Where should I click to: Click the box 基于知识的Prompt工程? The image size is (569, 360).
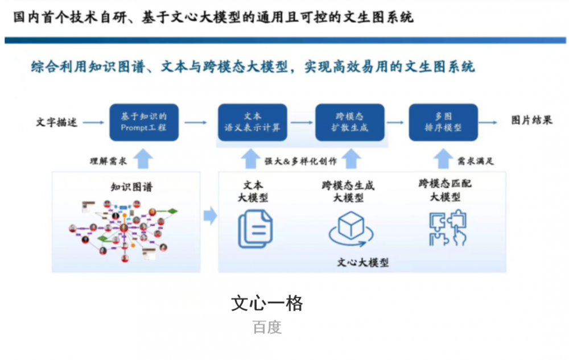click(143, 122)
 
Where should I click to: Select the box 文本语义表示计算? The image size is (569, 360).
click(249, 122)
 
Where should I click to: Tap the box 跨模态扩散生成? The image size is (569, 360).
click(350, 122)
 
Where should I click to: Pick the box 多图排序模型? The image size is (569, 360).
click(443, 122)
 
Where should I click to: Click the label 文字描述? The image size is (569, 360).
click(56, 122)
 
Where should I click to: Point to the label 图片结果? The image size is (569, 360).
click(531, 120)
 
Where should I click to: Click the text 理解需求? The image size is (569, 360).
click(108, 161)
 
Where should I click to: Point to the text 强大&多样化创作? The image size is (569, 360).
click(301, 161)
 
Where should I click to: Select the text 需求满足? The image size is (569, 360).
click(476, 161)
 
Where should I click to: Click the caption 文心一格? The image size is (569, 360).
click(267, 303)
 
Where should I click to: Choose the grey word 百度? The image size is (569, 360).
click(267, 328)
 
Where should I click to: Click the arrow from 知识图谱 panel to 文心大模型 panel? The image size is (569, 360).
click(210, 216)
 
